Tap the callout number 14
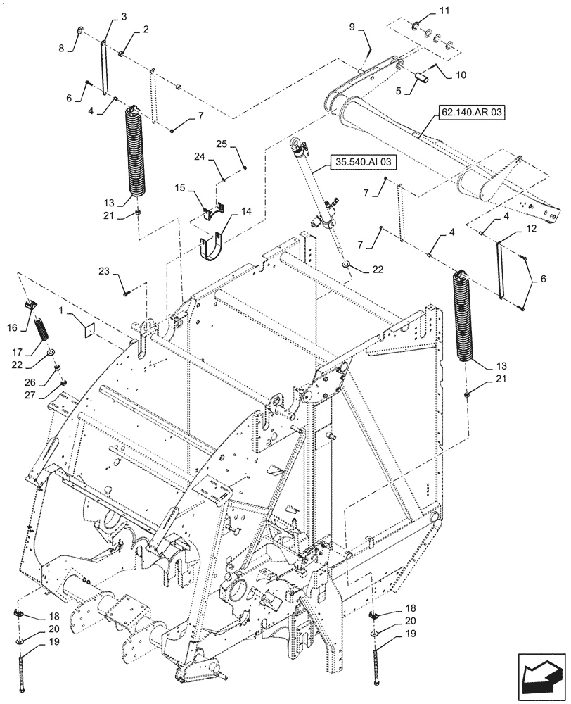point(246,210)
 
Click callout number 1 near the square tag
point(62,310)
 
